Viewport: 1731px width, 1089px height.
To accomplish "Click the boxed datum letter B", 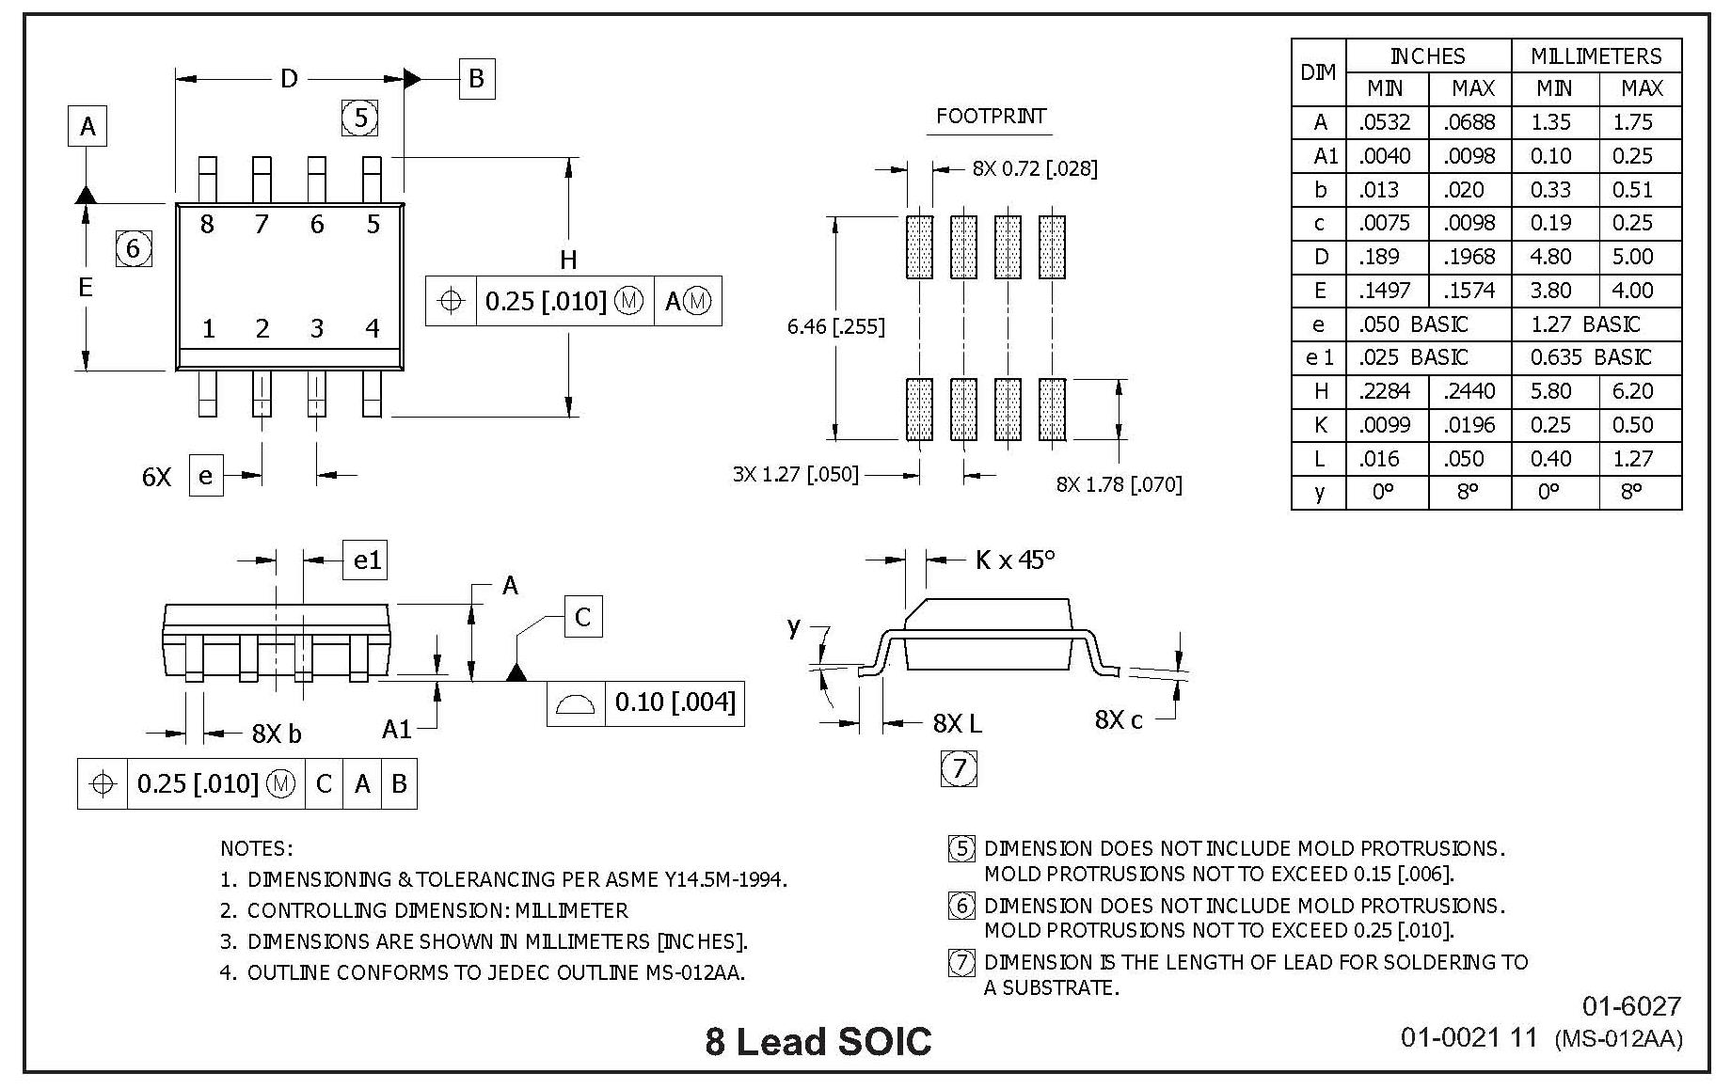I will pyautogui.click(x=476, y=78).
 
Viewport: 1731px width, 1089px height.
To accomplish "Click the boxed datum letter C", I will pyautogui.click(x=582, y=617).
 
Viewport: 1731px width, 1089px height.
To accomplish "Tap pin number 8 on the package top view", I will pyautogui.click(x=207, y=224).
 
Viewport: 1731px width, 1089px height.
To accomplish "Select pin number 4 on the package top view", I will pyautogui.click(x=373, y=328).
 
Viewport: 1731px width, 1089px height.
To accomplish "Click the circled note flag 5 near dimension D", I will pyautogui.click(x=359, y=118).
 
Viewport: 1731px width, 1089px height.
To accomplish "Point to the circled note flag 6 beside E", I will pyautogui.click(x=133, y=248).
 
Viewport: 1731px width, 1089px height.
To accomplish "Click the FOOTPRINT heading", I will pyautogui.click(x=991, y=117).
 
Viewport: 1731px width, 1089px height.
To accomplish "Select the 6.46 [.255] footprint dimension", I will pyautogui.click(x=835, y=327).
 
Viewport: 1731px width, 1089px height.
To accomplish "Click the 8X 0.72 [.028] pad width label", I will pyautogui.click(x=1035, y=168).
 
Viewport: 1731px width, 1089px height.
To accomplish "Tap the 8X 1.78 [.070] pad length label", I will pyautogui.click(x=1119, y=484).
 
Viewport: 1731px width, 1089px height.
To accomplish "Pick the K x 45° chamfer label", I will pyautogui.click(x=1015, y=560).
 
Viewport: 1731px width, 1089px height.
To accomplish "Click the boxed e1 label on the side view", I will pyautogui.click(x=367, y=560).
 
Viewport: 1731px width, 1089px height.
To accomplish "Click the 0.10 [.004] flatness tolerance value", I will pyautogui.click(x=675, y=702).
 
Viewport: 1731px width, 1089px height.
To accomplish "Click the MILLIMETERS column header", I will pyautogui.click(x=1596, y=56).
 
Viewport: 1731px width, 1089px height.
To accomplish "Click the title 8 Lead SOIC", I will pyautogui.click(x=818, y=1042).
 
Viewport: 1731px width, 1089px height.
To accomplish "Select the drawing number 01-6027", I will pyautogui.click(x=1630, y=1006).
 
